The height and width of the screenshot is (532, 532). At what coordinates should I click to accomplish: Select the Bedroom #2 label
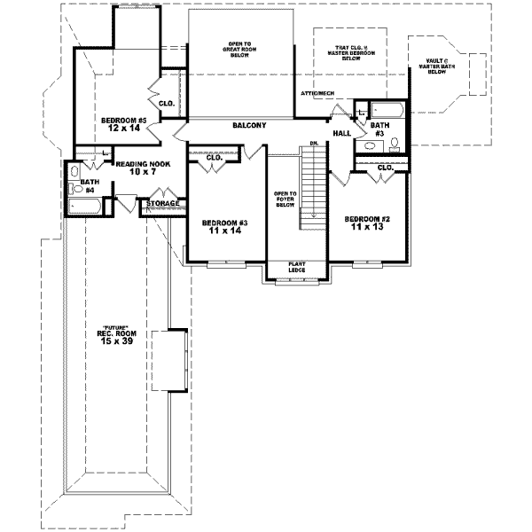(x=364, y=223)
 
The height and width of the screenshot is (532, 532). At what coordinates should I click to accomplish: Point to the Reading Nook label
(x=142, y=168)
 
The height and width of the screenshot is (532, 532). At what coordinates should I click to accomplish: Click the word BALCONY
(x=249, y=126)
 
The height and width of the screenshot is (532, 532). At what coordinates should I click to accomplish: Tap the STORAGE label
(x=163, y=203)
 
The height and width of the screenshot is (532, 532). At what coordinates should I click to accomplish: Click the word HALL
(x=342, y=133)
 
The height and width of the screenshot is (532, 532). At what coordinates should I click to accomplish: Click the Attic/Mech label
(x=317, y=92)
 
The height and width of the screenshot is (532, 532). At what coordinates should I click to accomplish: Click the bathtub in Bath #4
(x=86, y=207)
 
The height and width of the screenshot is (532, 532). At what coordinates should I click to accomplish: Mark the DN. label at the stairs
(x=314, y=144)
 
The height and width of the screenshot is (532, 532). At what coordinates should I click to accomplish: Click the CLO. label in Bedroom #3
(x=214, y=158)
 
